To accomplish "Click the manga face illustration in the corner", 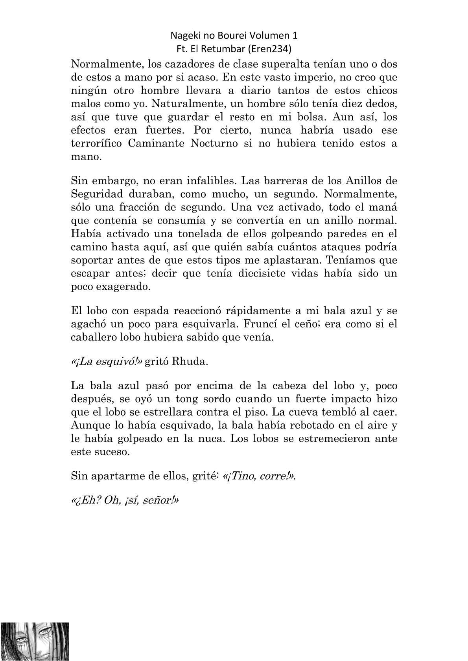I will coord(35,641).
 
